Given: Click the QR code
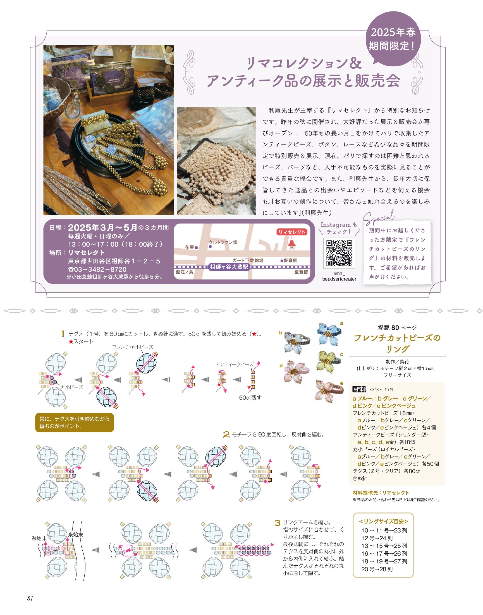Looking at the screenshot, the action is pos(339,253).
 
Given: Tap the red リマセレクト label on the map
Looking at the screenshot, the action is pos(291,232).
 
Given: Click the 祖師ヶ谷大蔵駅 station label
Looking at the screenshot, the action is pos(229,267).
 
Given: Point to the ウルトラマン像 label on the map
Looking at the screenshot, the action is pos(223,242).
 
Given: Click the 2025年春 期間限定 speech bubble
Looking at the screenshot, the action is pos(393,39).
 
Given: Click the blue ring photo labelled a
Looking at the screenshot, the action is pos(329,334).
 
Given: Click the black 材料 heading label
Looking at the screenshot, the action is pos(359,389).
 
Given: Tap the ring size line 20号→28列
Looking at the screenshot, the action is pos(377,569).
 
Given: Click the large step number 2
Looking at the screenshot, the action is pos(226,435).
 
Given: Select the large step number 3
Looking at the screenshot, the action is pos(278,523).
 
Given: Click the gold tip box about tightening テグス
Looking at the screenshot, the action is pos(75,422).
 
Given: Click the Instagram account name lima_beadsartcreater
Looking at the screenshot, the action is pos(339,276).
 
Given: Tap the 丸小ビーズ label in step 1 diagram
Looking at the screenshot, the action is pos(72,387).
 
